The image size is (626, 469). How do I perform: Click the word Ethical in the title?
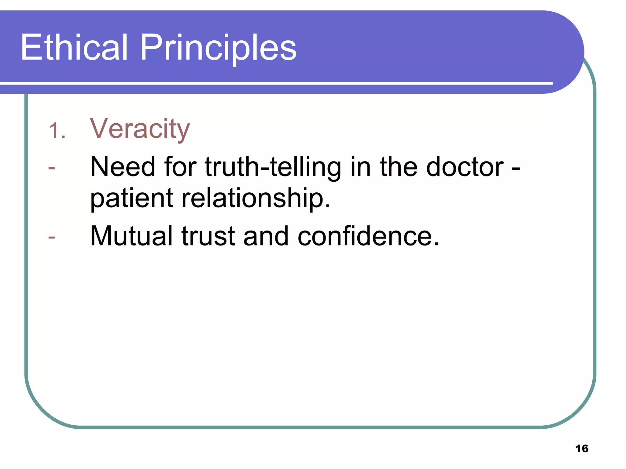tap(74, 47)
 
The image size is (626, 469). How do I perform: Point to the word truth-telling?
tap(273, 167)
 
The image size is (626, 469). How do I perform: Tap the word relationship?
tap(256, 198)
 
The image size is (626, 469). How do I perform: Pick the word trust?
tap(208, 236)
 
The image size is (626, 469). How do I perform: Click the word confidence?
tap(368, 236)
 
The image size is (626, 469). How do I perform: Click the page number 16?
tap(582, 449)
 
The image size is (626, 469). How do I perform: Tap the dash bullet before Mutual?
tap(52, 237)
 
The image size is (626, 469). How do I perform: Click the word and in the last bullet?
tap(266, 236)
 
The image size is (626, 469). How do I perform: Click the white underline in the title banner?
tap(275, 83)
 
